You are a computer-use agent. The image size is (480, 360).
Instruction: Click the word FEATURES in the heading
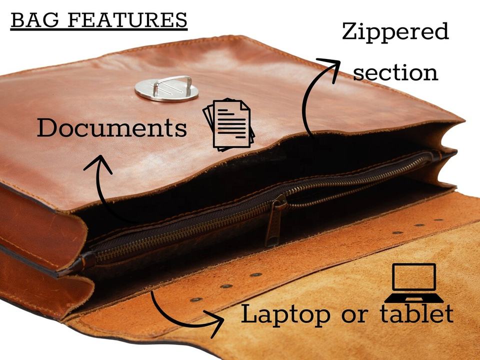point(127,20)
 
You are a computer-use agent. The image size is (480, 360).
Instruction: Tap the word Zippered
point(395,32)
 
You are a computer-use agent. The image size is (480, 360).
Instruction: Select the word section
point(395,73)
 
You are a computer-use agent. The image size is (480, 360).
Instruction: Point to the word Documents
point(111,128)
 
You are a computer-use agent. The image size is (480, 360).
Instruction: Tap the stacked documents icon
point(229,125)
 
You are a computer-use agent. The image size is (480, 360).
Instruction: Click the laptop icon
point(413,283)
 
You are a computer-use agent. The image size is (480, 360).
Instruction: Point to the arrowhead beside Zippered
point(330,65)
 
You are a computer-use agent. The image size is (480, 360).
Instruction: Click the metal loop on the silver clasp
point(172,84)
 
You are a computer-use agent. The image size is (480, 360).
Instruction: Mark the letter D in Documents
point(47,128)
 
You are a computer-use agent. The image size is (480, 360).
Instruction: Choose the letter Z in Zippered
point(350,32)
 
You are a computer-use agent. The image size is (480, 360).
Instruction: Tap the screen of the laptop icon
point(413,277)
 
